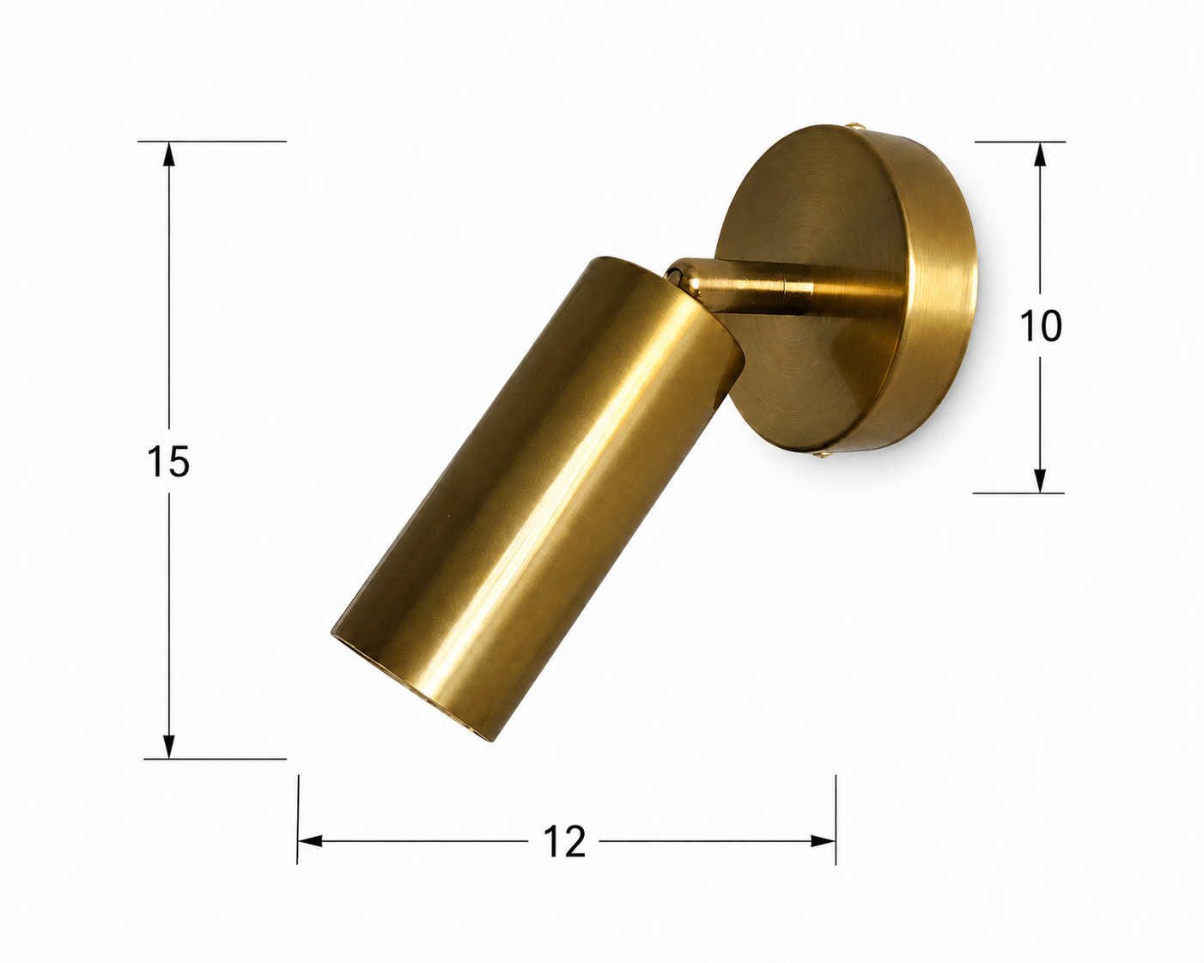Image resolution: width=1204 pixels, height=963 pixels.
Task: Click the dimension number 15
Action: tap(168, 462)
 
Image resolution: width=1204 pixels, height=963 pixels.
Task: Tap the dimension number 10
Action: tap(1041, 325)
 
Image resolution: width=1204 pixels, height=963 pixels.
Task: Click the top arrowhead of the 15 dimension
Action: tap(168, 154)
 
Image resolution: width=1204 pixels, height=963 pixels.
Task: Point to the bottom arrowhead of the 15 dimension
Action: tap(168, 746)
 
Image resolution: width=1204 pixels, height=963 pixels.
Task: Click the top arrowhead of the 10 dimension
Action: tap(1040, 154)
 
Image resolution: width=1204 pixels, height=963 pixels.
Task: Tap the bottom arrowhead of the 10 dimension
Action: tap(1039, 481)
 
